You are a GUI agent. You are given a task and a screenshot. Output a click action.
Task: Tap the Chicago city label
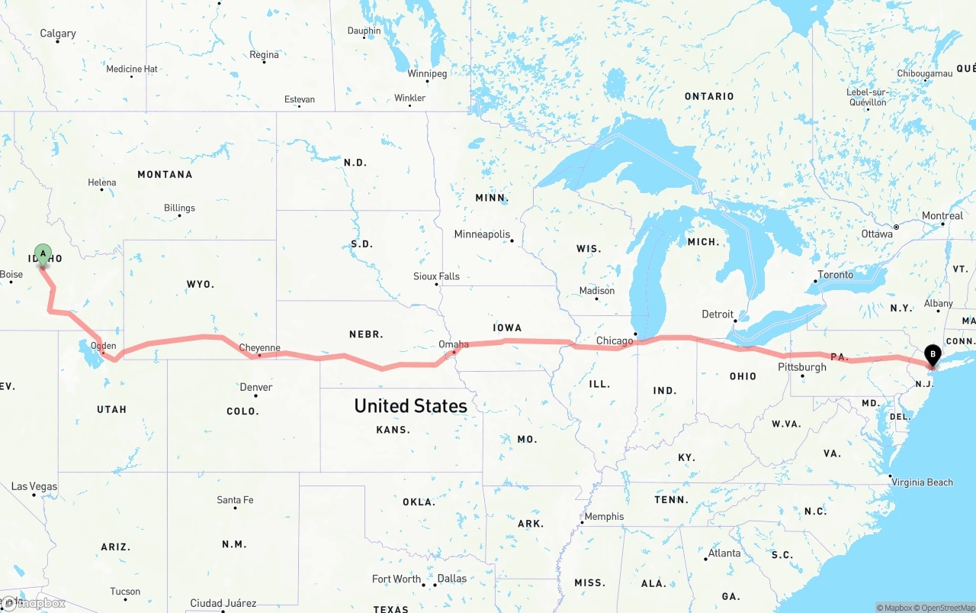pos(615,340)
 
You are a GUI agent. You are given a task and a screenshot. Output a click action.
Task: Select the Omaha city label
pos(454,344)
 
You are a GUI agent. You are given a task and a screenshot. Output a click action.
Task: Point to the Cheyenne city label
pos(260,347)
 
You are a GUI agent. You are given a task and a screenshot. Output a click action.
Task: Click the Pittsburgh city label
pos(801,367)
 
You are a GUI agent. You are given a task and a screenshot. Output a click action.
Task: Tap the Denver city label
pos(256,387)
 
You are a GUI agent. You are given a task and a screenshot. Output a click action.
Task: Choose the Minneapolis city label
pos(482,234)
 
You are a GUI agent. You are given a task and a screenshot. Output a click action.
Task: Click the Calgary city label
pos(58,34)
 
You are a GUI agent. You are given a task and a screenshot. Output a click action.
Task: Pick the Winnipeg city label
pos(427,74)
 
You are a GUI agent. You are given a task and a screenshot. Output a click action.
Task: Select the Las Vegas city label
pos(34,486)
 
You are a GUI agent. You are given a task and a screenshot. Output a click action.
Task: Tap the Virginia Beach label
pos(923,482)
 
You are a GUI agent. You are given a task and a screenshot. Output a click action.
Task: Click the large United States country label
pos(410,405)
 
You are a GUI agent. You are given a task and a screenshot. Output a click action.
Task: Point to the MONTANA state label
pos(165,175)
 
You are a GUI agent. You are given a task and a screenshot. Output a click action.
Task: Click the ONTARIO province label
pos(709,96)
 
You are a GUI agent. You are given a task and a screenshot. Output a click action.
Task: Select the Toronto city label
pos(836,275)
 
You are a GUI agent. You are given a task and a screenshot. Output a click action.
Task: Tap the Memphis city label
pos(604,517)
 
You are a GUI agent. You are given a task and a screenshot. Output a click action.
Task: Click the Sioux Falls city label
pos(436,276)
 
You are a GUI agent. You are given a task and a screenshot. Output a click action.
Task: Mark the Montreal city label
pos(942,216)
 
